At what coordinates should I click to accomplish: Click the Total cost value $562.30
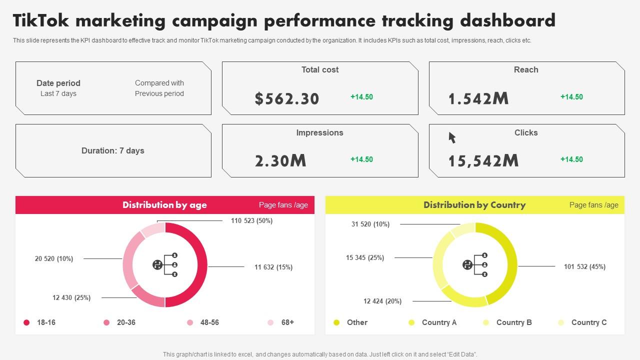click(x=286, y=98)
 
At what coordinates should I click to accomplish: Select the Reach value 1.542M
click(x=478, y=98)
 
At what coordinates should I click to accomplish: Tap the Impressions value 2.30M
click(x=280, y=160)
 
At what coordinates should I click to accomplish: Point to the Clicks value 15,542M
click(x=483, y=160)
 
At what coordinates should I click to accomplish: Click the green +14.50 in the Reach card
click(x=571, y=97)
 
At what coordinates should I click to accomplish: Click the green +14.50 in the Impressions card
click(x=361, y=159)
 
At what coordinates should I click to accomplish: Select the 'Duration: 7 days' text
click(x=112, y=150)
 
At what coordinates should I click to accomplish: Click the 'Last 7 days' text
click(x=58, y=93)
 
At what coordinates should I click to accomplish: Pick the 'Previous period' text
click(x=159, y=93)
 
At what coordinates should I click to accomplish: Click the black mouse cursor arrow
click(x=452, y=137)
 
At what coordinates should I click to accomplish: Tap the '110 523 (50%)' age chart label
click(x=251, y=220)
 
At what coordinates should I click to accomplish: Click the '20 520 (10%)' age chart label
click(x=54, y=258)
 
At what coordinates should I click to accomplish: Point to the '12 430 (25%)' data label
click(x=71, y=297)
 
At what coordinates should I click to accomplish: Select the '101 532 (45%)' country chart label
click(x=584, y=266)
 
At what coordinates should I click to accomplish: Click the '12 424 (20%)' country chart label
click(x=382, y=301)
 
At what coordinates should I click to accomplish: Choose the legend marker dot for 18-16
click(x=26, y=322)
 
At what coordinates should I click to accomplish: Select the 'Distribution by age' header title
click(x=164, y=205)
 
